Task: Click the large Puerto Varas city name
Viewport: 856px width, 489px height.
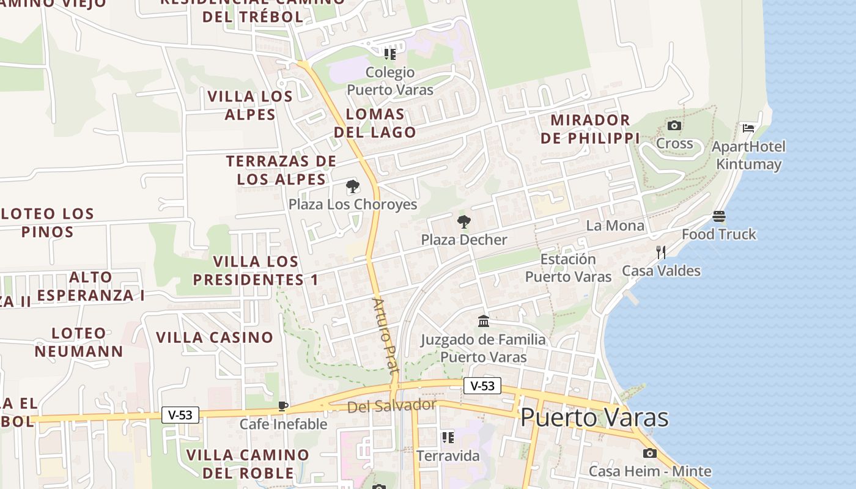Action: [594, 418]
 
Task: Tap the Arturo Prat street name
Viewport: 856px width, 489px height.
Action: [385, 336]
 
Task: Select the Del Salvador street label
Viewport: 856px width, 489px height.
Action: [391, 405]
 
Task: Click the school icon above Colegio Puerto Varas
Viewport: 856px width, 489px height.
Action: [389, 54]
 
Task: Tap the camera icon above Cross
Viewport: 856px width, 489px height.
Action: [674, 126]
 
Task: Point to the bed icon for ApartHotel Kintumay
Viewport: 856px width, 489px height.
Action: [748, 128]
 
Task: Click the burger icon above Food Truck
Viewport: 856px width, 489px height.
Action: [719, 216]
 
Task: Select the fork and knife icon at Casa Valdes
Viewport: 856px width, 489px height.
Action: [661, 252]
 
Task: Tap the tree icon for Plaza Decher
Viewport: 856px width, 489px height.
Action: [464, 221]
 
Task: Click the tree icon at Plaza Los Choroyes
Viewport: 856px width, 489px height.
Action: [352, 186]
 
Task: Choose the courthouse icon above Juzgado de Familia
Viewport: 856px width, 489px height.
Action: [484, 321]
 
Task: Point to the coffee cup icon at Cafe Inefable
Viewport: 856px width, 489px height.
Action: [283, 406]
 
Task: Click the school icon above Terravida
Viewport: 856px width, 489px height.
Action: [448, 438]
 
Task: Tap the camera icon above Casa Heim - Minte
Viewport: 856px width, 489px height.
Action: [649, 453]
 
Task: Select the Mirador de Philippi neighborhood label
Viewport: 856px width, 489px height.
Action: [590, 129]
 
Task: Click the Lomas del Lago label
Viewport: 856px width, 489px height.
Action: [375, 123]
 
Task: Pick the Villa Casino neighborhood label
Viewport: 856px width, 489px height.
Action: [215, 337]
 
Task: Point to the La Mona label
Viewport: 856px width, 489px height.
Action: [615, 226]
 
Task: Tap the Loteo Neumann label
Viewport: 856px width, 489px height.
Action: [79, 342]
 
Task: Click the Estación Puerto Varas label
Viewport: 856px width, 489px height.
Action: [568, 268]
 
